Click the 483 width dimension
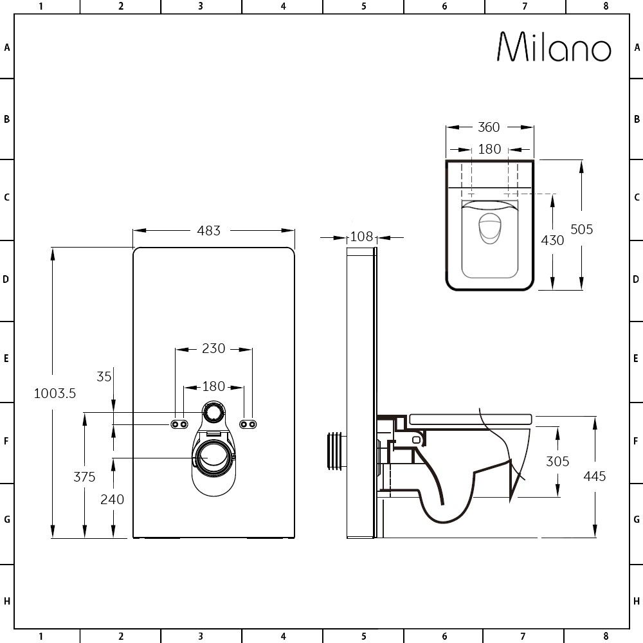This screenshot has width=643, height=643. coord(209,230)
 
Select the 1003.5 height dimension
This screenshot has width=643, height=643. coord(55,394)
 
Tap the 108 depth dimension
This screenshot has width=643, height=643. coord(361,237)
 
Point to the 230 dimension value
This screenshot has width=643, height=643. coord(213,349)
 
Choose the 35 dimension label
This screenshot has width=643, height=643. coord(104,377)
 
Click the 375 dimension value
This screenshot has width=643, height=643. coord(84,476)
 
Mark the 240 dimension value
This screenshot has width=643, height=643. coord(113,499)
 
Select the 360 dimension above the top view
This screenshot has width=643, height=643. coord(489,127)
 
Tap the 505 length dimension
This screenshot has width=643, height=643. coord(581,229)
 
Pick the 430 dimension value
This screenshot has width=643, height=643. coord(552,240)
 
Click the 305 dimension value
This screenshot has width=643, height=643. coord(557,461)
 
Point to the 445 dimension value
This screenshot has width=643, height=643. coord(595,476)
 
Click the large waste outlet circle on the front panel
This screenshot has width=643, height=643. coord(213,457)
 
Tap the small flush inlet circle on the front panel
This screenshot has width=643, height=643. coord(214,413)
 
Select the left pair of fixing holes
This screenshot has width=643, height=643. coord(179,424)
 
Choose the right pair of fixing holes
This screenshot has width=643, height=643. coord(248,424)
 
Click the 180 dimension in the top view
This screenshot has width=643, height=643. coord(489,149)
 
